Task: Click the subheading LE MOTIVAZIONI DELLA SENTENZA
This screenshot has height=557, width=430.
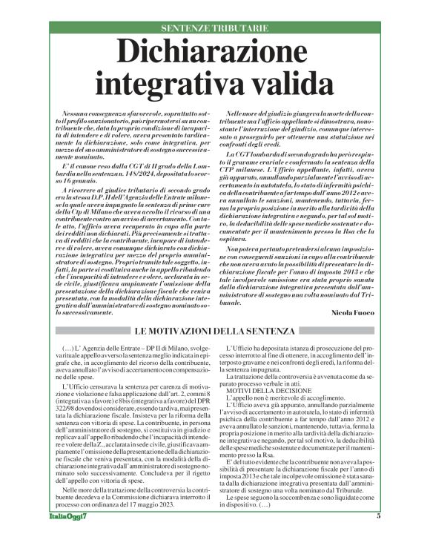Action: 215,329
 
